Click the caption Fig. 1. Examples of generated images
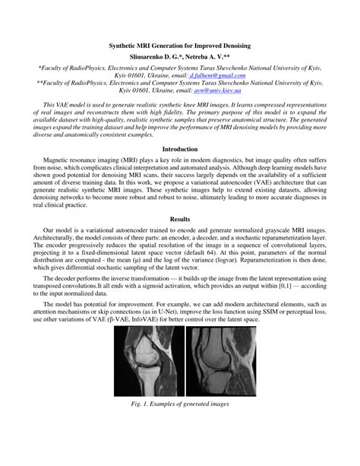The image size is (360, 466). pyautogui.click(x=180, y=404)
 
